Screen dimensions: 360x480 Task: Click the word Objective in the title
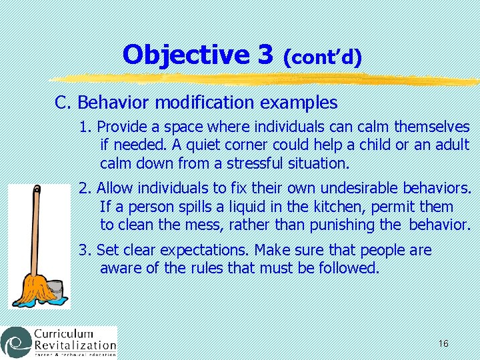tap(189, 55)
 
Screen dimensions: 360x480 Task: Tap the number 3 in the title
tap(265, 55)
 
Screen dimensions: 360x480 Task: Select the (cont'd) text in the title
tap(323, 57)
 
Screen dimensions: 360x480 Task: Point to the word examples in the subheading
tap(299, 103)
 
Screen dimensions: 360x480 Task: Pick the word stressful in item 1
tap(257, 163)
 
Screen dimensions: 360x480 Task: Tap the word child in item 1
tap(372, 145)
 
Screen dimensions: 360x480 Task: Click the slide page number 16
tap(443, 343)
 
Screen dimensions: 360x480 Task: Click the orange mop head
tap(37, 286)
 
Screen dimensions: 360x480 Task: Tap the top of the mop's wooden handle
tap(36, 189)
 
